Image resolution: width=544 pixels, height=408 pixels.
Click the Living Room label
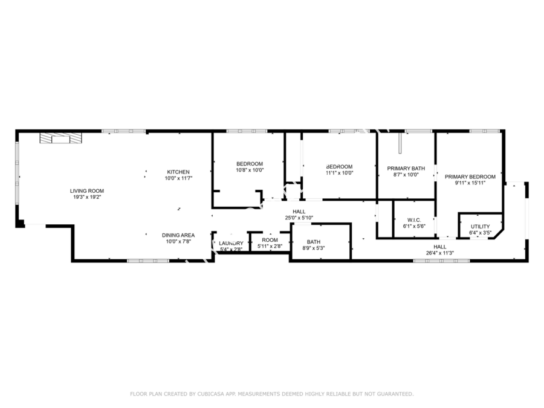(x=86, y=191)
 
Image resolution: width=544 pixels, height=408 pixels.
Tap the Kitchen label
(x=178, y=172)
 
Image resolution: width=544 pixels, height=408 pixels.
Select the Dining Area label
(x=178, y=235)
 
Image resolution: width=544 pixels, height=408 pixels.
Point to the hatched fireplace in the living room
(x=60, y=138)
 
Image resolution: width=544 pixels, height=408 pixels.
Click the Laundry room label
(x=231, y=243)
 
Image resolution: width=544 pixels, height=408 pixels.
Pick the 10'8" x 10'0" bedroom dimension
(x=250, y=170)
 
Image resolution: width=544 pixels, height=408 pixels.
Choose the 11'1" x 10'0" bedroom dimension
(x=339, y=173)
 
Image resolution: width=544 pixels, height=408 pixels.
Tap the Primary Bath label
(x=406, y=169)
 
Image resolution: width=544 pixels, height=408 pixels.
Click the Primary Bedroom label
(x=470, y=177)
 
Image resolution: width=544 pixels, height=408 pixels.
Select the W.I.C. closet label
(x=414, y=220)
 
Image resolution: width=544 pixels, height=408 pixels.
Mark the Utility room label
(x=480, y=227)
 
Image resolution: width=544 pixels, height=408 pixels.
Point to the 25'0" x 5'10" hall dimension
(x=299, y=218)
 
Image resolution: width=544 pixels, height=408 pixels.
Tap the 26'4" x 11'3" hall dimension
(x=440, y=253)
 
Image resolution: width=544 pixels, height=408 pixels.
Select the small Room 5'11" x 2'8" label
(x=270, y=240)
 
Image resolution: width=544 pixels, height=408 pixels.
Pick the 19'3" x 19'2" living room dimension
(x=86, y=197)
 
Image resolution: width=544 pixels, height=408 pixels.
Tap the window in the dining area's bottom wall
(x=148, y=261)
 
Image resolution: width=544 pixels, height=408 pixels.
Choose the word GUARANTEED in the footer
(x=395, y=393)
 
